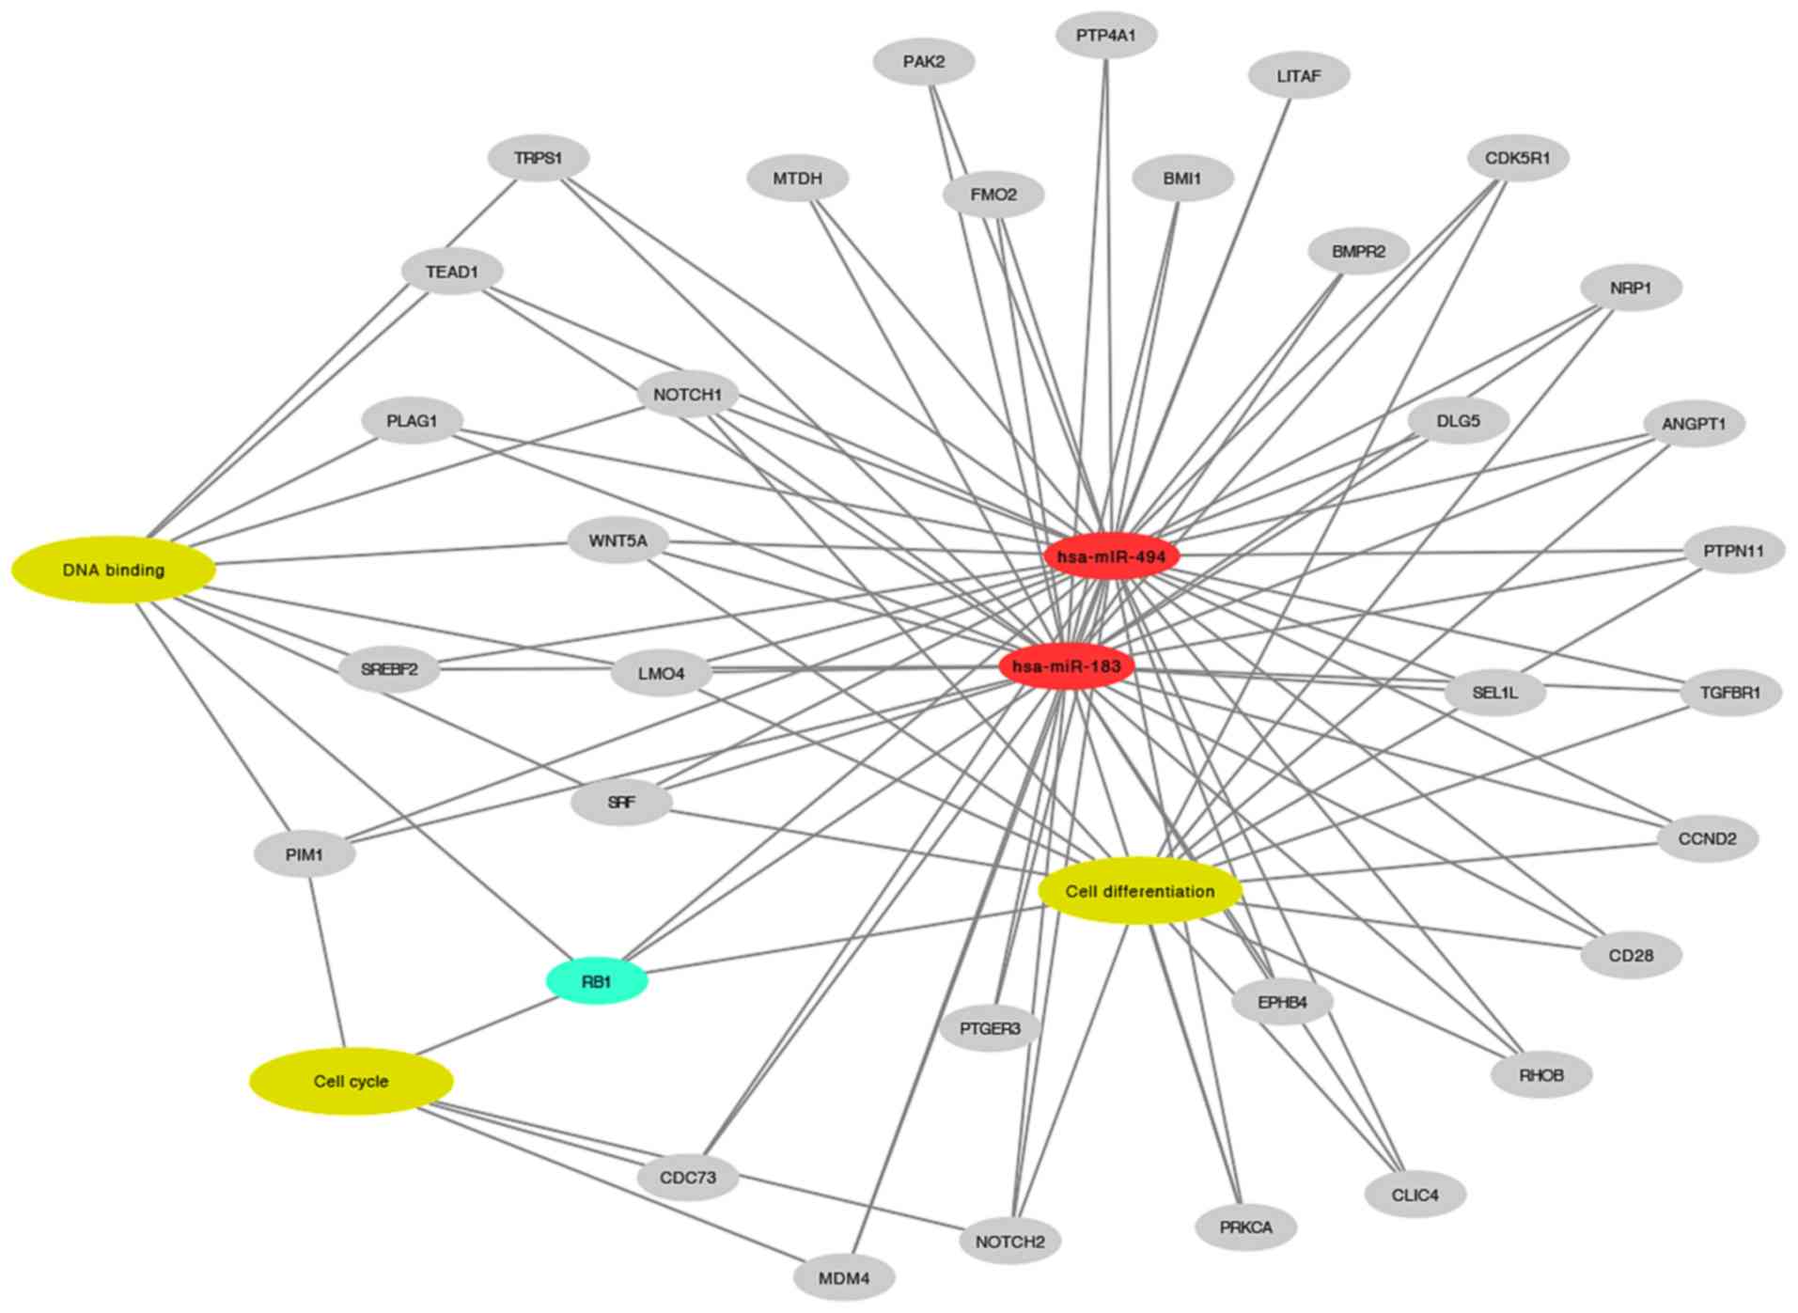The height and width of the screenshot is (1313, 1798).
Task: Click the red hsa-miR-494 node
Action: point(1111,556)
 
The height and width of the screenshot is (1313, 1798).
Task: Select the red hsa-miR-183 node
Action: point(1066,667)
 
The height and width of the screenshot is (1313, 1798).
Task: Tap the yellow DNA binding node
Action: point(114,570)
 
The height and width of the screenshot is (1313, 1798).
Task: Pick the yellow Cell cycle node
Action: point(351,1081)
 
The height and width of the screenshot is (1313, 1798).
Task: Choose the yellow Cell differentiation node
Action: point(1139,890)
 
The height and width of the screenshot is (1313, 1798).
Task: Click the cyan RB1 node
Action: point(597,982)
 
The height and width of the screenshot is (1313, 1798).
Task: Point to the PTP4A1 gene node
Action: point(1105,36)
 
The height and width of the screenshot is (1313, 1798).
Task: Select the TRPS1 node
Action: point(539,158)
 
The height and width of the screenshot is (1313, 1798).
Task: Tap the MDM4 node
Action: point(843,1278)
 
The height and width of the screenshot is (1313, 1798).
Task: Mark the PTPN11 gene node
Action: point(1733,551)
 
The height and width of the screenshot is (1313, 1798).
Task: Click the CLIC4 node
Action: point(1415,1195)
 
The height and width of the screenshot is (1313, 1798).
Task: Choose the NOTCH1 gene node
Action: point(687,395)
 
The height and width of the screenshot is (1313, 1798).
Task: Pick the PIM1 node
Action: point(305,855)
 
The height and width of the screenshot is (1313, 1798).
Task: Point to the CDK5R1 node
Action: point(1517,158)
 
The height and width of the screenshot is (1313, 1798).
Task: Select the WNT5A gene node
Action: point(618,541)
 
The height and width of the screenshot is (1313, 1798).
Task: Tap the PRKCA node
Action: point(1245,1227)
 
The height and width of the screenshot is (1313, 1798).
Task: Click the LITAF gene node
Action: point(1298,76)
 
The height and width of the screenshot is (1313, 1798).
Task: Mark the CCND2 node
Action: point(1707,838)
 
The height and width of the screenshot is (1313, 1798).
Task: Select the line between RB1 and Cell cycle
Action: point(489,1026)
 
